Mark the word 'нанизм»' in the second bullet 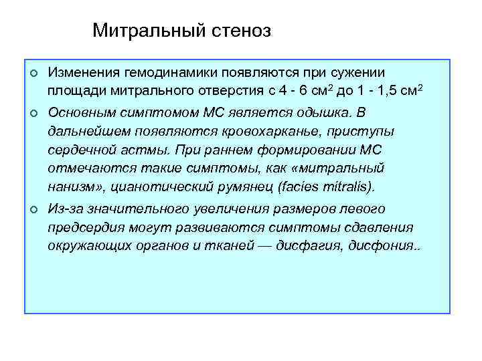pyautogui.click(x=72, y=186)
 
